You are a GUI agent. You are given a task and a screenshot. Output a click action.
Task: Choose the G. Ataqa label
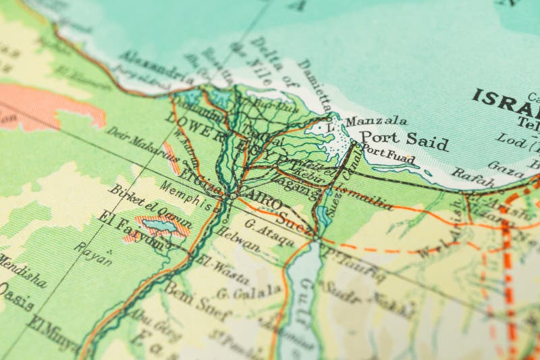(269, 232)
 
